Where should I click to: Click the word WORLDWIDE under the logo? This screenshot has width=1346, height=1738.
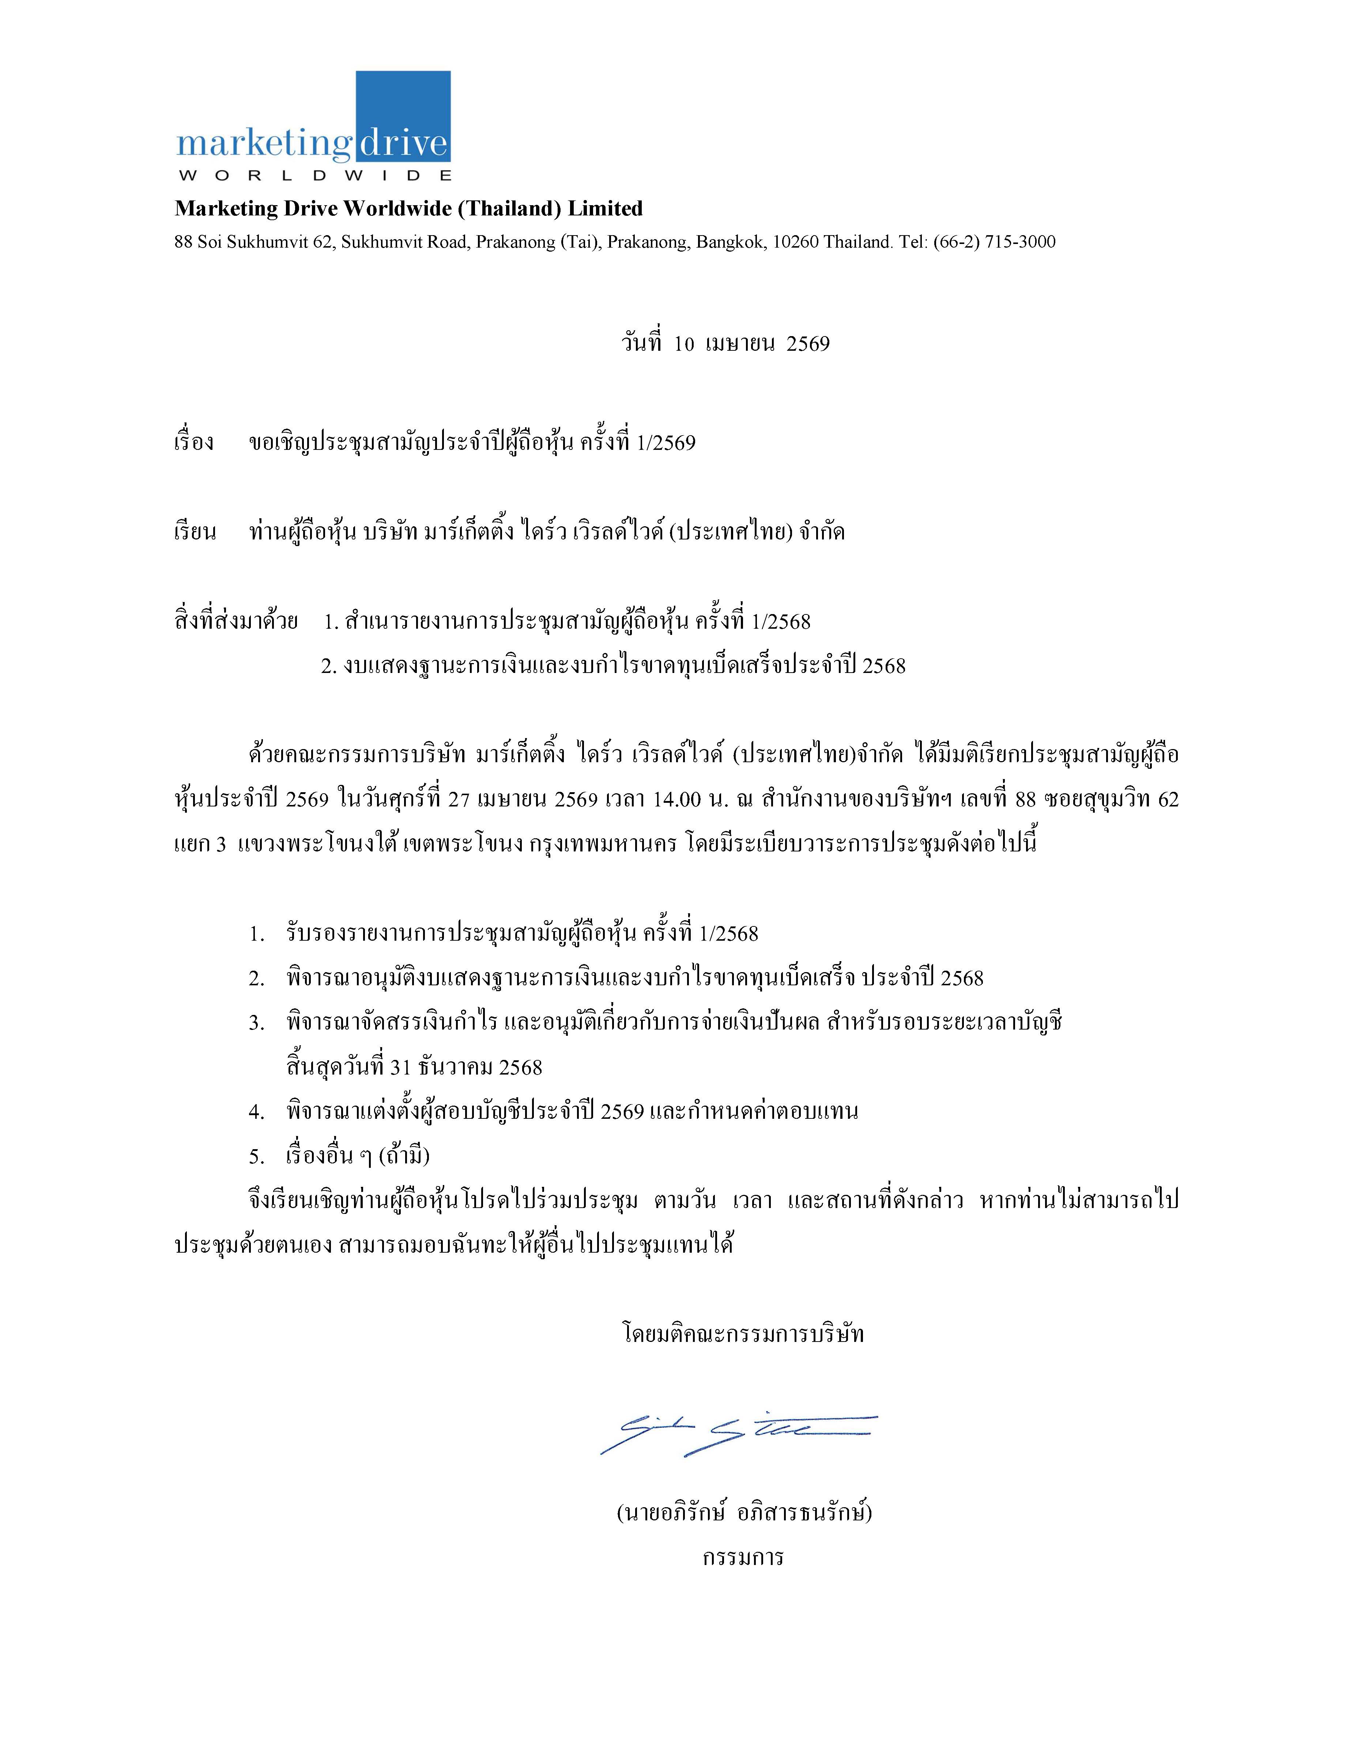tap(314, 175)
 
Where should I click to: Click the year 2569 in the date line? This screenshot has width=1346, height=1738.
tap(807, 344)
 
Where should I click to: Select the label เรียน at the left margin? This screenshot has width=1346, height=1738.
tap(195, 531)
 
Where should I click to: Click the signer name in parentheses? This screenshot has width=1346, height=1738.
tap(744, 1512)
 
